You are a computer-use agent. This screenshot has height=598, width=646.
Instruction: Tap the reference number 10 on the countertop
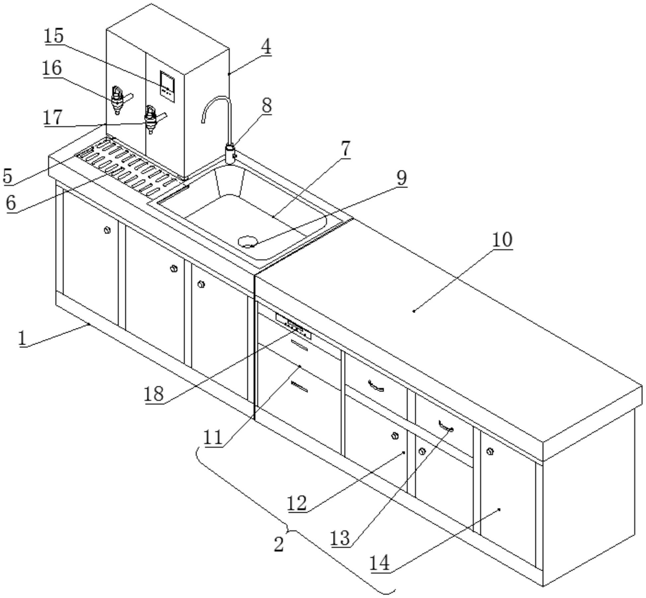tap(502, 240)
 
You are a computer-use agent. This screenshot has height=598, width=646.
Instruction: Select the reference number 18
tap(154, 394)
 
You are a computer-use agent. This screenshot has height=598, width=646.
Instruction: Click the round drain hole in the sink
tap(248, 241)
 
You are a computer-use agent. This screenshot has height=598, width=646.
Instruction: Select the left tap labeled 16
tap(118, 99)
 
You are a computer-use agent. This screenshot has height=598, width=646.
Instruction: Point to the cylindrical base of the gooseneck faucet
tap(230, 153)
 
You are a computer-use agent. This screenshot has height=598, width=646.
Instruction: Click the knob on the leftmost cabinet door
tap(107, 230)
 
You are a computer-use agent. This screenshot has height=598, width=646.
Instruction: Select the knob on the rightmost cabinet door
tap(490, 451)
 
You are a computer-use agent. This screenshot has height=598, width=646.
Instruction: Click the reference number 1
tap(22, 338)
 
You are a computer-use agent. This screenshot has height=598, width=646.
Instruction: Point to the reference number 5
tap(8, 176)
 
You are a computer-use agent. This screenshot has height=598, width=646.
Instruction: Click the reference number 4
tap(266, 47)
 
